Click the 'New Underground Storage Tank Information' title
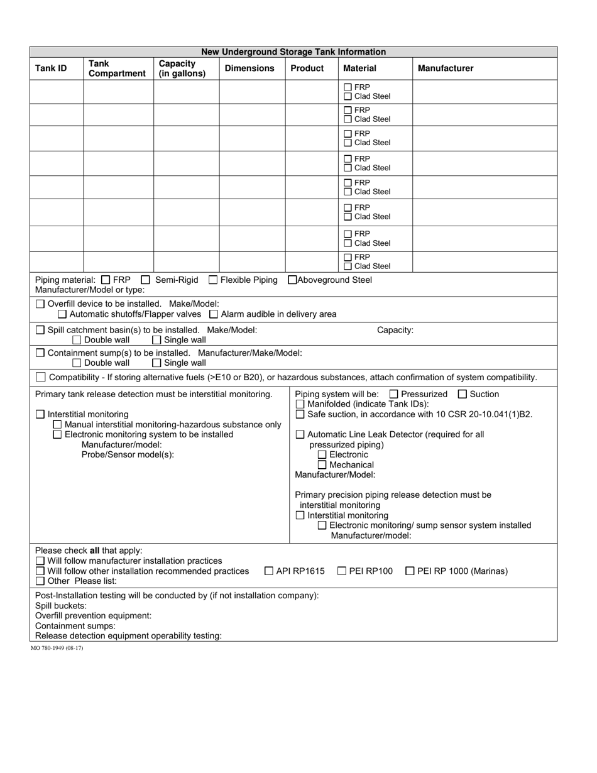[293, 52]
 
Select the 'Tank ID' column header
[51, 69]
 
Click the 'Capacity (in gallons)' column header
[182, 69]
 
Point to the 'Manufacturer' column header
[446, 69]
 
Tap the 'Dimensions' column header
[249, 69]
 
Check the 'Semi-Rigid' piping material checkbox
[146, 280]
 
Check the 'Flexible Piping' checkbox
[213, 280]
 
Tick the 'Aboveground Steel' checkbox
[292, 280]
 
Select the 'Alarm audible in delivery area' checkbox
[214, 314]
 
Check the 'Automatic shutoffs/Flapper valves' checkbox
[62, 314]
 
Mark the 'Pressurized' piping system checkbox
[394, 395]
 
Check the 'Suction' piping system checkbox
[463, 395]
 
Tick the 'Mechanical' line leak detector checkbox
[322, 465]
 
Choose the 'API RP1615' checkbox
[269, 571]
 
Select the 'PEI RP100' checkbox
[342, 571]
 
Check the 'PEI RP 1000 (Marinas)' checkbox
[410, 571]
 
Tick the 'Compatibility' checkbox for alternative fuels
[41, 378]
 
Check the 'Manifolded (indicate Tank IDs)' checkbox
[300, 405]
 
